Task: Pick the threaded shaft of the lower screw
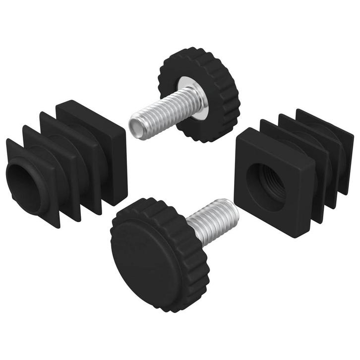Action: (x=211, y=219)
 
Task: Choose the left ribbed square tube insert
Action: (x=64, y=159)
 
